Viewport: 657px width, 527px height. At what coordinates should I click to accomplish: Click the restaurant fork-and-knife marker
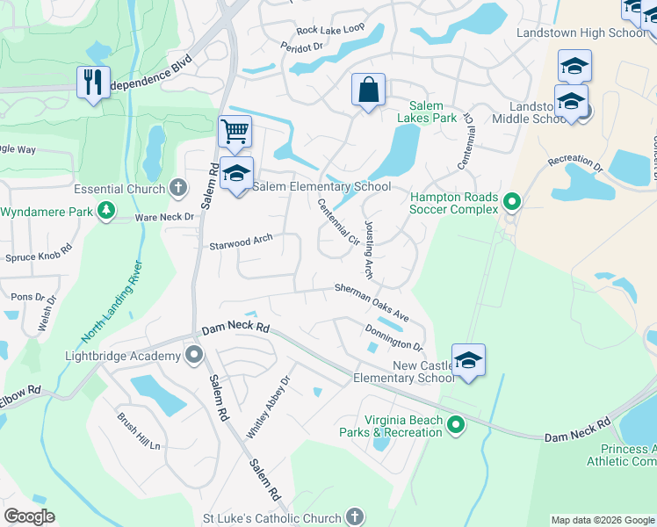tap(92, 83)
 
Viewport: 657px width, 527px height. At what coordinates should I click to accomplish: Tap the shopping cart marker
tap(235, 132)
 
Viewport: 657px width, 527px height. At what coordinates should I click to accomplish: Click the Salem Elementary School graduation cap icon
tap(236, 174)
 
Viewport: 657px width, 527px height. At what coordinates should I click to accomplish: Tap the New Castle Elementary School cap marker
tap(468, 359)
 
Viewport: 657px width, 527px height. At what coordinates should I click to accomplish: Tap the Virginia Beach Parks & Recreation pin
tap(455, 425)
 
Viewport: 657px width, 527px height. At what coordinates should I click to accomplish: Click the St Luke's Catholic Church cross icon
tap(354, 517)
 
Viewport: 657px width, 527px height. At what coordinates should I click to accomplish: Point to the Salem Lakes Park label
tap(427, 112)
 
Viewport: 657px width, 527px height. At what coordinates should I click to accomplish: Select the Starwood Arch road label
tap(241, 242)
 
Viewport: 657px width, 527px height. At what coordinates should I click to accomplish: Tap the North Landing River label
tap(112, 300)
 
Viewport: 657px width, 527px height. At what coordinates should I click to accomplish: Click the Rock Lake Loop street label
tap(330, 29)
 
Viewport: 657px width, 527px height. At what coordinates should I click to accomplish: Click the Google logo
tap(29, 516)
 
